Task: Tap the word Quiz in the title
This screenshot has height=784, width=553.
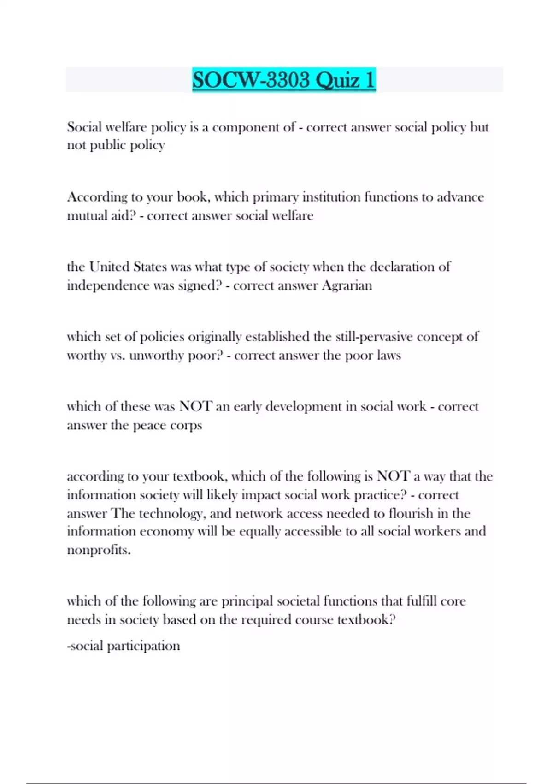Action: (x=338, y=80)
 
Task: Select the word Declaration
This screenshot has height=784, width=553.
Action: (x=400, y=267)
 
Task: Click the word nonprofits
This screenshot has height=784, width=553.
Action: (x=99, y=550)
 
